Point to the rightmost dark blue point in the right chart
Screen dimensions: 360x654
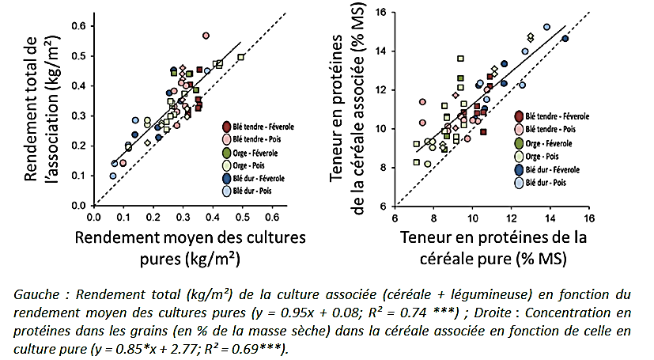[x=565, y=39]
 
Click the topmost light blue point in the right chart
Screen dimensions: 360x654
[x=546, y=27]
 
